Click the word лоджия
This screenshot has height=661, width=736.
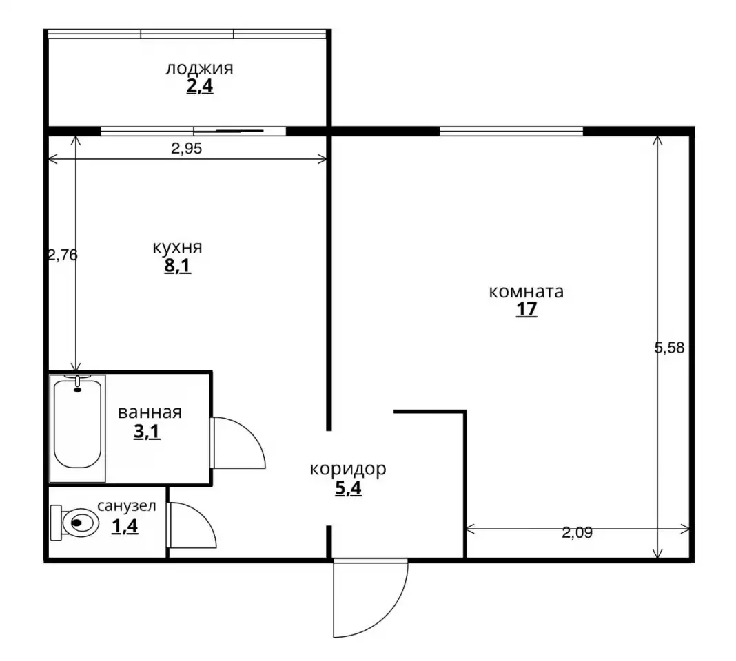199,69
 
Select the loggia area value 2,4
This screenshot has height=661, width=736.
200,86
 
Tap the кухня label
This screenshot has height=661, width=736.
177,248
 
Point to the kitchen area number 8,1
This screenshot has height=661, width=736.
177,266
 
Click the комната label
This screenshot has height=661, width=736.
527,292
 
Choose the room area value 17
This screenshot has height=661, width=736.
527,310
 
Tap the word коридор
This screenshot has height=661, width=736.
348,469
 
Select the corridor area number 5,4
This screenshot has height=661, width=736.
348,488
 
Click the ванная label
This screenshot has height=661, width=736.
150,413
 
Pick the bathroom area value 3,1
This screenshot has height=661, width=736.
147,432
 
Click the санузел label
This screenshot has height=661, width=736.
127,506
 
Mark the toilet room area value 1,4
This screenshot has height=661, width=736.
125,526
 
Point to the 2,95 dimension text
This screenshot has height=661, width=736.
186,149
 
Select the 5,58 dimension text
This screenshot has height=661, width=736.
669,348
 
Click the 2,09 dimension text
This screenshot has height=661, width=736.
577,533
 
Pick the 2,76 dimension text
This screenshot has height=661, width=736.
63,255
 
